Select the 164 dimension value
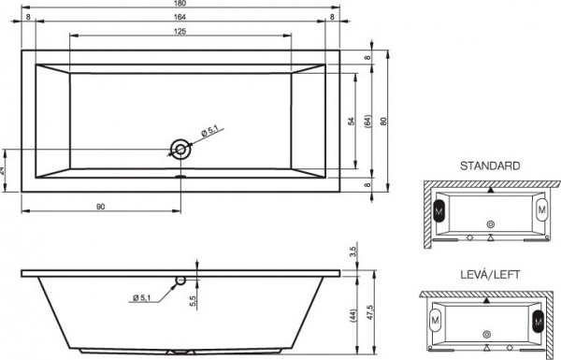click(x=179, y=18)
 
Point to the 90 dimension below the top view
click(x=100, y=207)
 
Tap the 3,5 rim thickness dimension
click(x=352, y=252)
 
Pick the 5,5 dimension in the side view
click(x=192, y=300)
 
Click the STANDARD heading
click(x=490, y=166)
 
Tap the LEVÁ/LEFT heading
click(x=490, y=274)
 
